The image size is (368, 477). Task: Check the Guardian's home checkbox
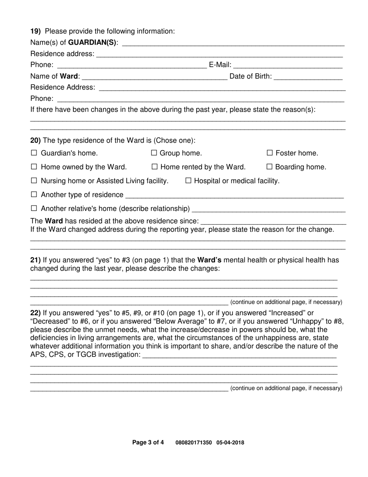point(34,153)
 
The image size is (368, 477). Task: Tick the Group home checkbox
point(154,153)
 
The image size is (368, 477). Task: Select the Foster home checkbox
point(270,153)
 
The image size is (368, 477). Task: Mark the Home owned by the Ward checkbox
point(34,167)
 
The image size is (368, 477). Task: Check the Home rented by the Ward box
point(154,167)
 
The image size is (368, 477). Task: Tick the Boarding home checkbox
point(270,167)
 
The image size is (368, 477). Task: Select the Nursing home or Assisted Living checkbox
point(34,181)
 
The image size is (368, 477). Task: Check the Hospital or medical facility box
point(188,181)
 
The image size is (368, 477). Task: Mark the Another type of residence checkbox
point(34,195)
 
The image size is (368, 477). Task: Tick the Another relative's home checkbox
point(34,209)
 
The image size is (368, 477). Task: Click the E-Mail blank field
point(287,65)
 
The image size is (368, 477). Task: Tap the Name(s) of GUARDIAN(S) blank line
point(233,43)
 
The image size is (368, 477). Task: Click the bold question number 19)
point(36,31)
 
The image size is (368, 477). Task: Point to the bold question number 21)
point(36,260)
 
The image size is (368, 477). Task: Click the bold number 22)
point(36,313)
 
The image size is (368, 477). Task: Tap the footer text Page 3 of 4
point(148,442)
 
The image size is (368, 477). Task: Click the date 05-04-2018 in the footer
point(230,442)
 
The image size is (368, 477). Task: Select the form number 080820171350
point(194,442)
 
